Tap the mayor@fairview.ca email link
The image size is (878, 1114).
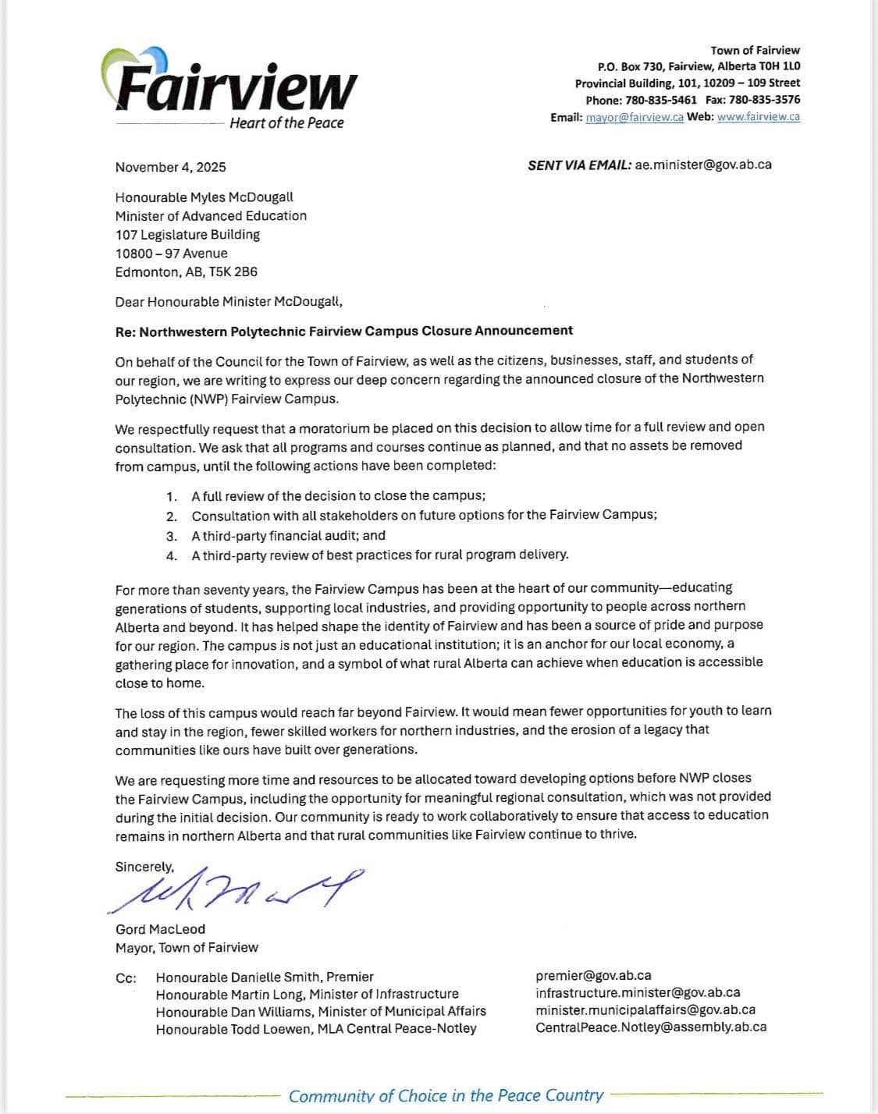pos(635,117)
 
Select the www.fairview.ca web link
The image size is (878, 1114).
pos(758,117)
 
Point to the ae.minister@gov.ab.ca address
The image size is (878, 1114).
pos(703,165)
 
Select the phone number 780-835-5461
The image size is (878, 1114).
pos(661,100)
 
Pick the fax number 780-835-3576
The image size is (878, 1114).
pos(764,100)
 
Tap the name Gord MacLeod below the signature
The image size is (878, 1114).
pos(160,929)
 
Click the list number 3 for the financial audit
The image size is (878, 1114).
pos(172,536)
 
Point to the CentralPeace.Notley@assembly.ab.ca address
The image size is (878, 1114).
pos(651,1027)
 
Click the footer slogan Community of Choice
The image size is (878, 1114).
pos(446,1096)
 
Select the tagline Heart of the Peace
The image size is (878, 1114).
pos(286,123)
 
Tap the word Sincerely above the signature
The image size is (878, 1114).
pos(144,867)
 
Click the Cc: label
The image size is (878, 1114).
pos(126,977)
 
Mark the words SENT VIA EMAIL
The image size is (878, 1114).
pos(579,165)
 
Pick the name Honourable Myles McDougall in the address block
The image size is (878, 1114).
pos(204,197)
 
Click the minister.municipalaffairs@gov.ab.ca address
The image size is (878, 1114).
pos(645,1010)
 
